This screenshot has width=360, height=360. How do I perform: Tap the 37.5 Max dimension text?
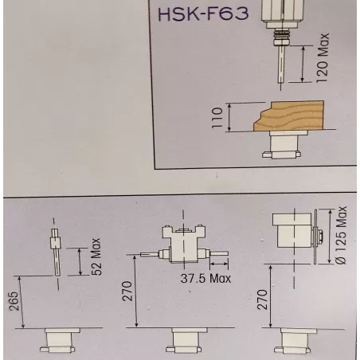[x=203, y=278]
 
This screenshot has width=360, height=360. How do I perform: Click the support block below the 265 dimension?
[x=59, y=342]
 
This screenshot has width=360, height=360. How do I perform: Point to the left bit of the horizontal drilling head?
[x=149, y=254]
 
